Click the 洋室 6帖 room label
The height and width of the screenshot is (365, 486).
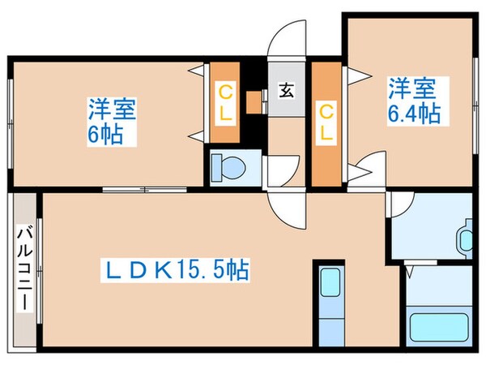[x=111, y=120]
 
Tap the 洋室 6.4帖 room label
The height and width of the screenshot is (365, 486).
[x=413, y=99]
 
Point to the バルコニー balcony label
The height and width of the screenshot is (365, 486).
[x=23, y=266]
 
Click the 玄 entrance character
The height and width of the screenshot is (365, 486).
[x=287, y=90]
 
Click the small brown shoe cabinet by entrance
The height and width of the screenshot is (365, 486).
[x=255, y=101]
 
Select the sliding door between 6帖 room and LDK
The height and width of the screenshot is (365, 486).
[x=146, y=190]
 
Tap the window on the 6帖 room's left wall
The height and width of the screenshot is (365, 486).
[x=9, y=122]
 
